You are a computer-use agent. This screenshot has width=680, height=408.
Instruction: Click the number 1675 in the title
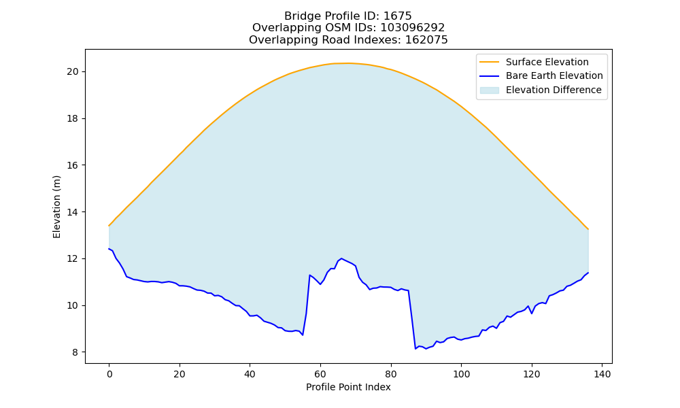click(397, 16)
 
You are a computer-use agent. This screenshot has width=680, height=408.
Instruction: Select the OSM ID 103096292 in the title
click(413, 28)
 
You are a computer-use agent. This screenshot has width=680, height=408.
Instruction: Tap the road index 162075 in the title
click(426, 40)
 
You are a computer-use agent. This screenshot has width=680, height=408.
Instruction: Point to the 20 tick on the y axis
click(73, 71)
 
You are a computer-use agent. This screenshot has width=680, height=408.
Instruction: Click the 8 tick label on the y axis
click(75, 352)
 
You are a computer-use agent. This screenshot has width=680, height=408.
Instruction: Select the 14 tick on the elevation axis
click(73, 212)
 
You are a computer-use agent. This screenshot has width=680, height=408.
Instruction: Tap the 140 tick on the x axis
click(602, 374)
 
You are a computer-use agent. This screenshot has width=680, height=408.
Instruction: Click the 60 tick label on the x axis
click(320, 374)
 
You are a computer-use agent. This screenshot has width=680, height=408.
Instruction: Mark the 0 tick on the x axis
click(109, 374)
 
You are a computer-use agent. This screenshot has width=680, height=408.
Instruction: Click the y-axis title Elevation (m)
click(57, 207)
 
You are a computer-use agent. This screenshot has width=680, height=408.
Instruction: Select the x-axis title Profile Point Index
click(348, 387)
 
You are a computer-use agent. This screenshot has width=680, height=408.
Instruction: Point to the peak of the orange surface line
click(348, 63)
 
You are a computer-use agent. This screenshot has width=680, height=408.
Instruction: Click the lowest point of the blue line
click(415, 349)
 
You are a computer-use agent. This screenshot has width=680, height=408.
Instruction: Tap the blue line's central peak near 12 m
click(341, 258)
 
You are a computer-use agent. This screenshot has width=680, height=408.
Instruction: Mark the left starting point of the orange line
click(109, 226)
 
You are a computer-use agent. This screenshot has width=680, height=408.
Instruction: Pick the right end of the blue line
click(588, 273)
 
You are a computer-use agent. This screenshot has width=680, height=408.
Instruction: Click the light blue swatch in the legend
click(489, 90)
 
